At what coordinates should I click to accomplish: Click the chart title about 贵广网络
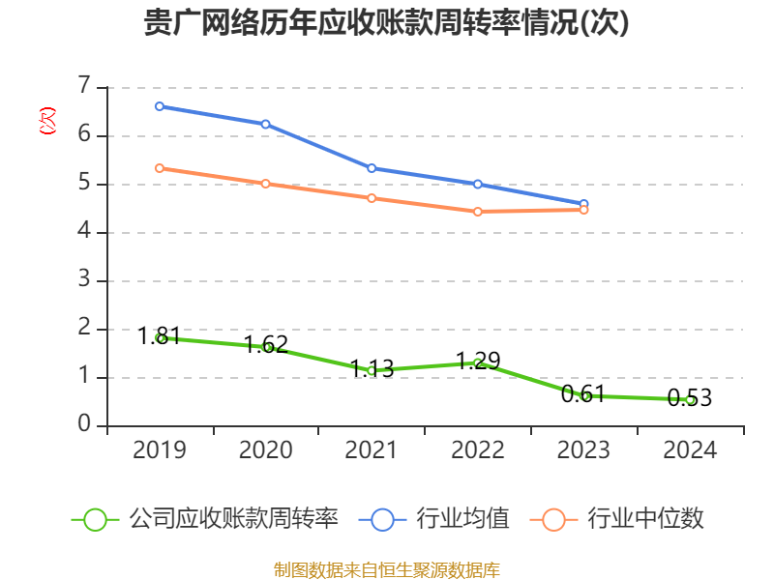387,23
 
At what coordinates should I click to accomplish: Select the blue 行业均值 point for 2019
160,106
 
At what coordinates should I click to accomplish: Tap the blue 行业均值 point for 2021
372,168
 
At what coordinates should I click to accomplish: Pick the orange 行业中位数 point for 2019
160,168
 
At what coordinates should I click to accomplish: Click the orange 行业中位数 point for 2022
478,211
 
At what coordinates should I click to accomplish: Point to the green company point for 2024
690,399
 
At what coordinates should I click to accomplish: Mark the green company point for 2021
372,370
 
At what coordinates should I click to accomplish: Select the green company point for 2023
584,395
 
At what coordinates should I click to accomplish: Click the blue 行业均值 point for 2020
266,124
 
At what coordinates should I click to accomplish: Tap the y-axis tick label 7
84,87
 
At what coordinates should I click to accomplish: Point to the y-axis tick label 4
84,232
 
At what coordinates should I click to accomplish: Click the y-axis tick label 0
84,425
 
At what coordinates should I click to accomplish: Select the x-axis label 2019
160,450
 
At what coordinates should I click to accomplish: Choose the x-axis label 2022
478,450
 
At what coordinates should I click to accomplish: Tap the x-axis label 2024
690,450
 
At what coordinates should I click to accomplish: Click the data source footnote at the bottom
387,569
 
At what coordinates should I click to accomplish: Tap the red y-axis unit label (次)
46,122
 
